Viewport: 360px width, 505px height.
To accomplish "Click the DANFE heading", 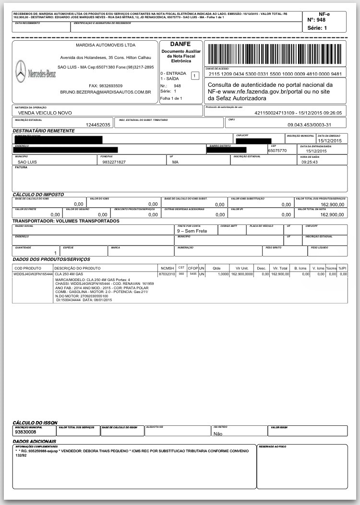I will click(x=180, y=44).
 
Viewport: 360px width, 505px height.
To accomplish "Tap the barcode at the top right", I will click(x=275, y=53).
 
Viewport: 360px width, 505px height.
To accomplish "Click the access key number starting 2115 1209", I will click(x=275, y=74).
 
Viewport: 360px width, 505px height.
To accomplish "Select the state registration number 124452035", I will click(x=98, y=125).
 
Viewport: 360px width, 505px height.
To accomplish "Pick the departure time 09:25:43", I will click(x=311, y=162).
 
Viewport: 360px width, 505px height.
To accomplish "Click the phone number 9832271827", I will click(x=114, y=162).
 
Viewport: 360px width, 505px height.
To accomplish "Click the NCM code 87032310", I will click(x=168, y=274).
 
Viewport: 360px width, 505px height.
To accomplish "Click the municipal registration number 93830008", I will click(x=29, y=432).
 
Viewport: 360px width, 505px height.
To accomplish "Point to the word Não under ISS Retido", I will click(x=217, y=433).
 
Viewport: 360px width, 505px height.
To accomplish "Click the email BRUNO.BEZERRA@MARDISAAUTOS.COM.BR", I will click(x=106, y=92).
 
